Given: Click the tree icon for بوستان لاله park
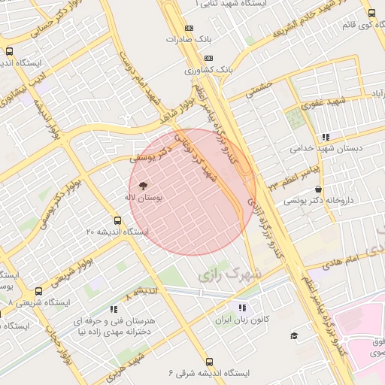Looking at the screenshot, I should point(143,184).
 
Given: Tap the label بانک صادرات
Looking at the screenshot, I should point(185,38).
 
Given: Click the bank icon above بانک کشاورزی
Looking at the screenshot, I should point(208,58).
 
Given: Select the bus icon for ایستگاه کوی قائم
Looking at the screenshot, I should point(371,13).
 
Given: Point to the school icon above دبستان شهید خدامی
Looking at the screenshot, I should point(326,137).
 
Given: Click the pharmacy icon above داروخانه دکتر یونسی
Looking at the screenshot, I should point(320,189).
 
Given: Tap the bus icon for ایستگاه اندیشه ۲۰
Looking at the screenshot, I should point(117,220).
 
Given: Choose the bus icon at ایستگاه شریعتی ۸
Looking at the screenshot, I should point(38,291).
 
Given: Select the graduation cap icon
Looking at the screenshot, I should point(294,335).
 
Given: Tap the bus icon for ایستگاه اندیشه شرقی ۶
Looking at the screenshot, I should point(208,362).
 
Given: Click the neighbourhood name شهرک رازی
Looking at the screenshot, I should point(229,275).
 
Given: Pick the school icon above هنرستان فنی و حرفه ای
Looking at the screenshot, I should point(113,308).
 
